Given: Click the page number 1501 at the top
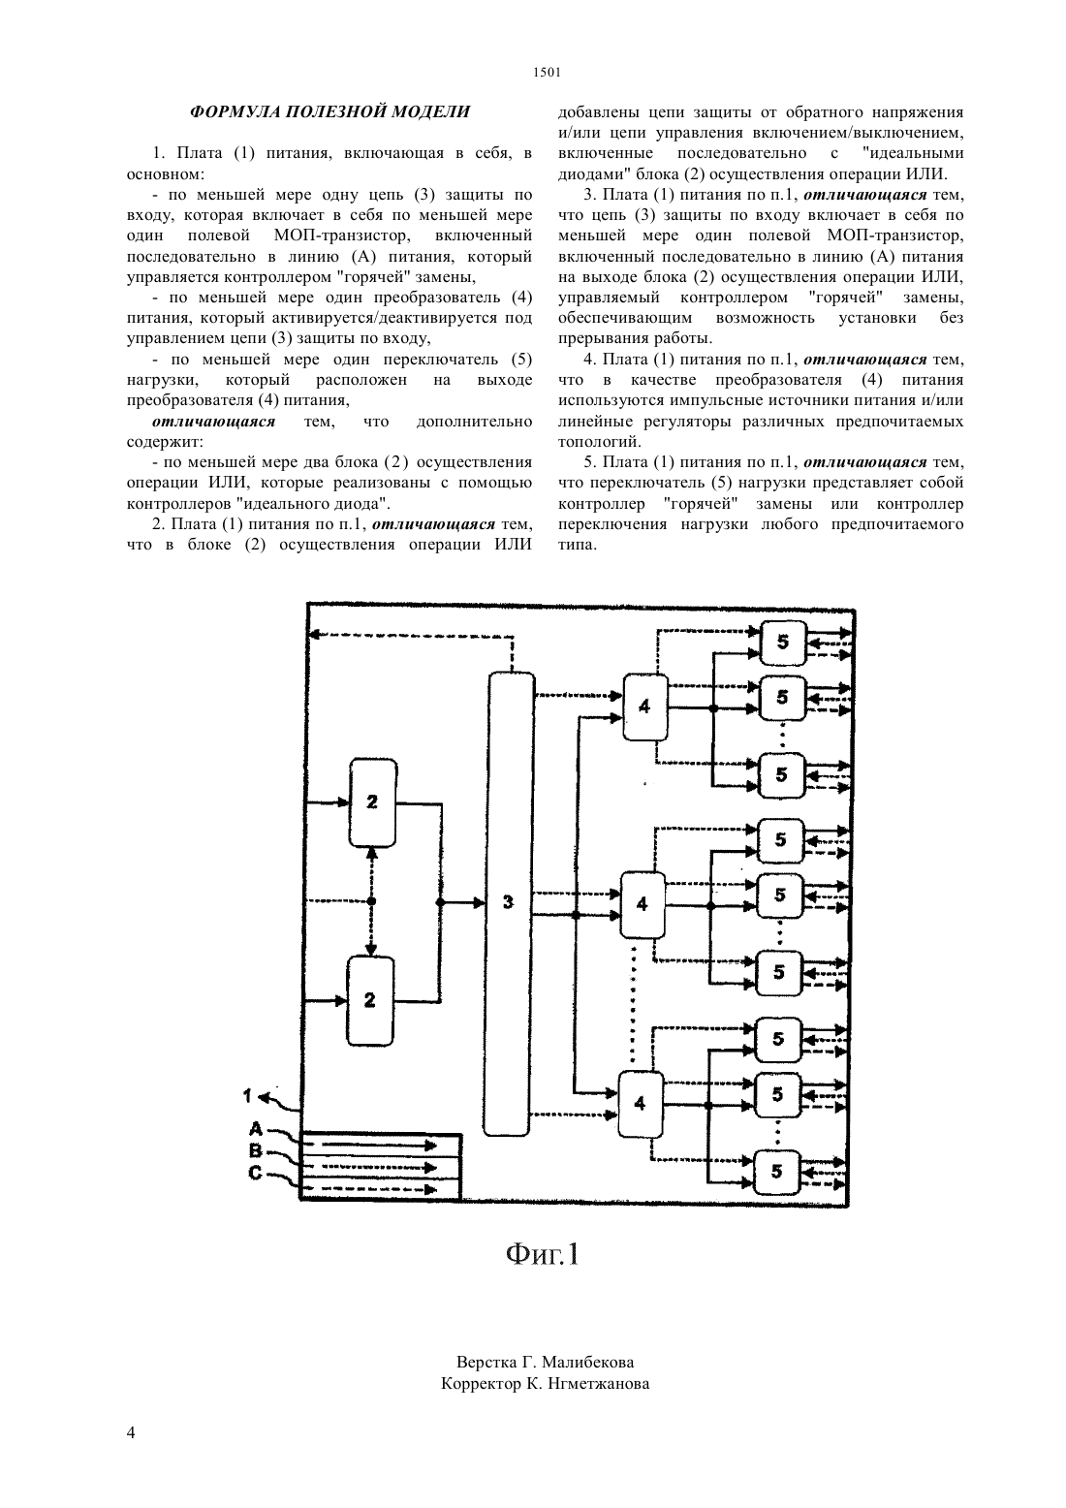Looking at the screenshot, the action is (x=547, y=73).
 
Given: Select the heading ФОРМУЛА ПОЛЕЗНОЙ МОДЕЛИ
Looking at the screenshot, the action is (x=330, y=111).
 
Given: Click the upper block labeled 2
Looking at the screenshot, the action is (x=373, y=802).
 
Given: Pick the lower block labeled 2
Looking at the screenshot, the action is (x=370, y=1000).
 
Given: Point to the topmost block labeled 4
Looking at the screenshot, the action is (x=644, y=707).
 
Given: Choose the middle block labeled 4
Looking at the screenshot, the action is (x=642, y=904).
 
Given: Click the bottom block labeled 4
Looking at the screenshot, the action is (x=640, y=1103).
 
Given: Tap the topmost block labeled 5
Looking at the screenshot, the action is (x=783, y=642).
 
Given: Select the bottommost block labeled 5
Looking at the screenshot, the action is (x=776, y=1172).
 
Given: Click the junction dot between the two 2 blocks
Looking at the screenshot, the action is (x=371, y=901).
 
